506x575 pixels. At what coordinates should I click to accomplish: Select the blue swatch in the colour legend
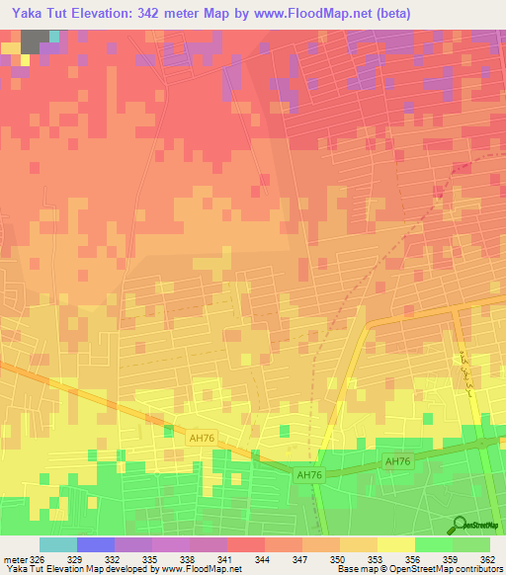tap(95, 544)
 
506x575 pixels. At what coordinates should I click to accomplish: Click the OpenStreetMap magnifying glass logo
tap(461, 524)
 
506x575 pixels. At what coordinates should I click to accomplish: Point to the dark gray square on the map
tap(35, 41)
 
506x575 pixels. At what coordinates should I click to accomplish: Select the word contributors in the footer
tap(478, 569)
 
